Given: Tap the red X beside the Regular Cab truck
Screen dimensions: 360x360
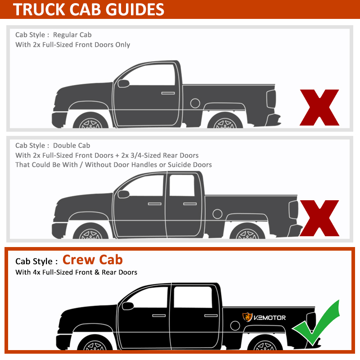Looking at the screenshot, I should pyautogui.click(x=319, y=107).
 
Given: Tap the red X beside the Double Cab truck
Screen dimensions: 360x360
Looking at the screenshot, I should pyautogui.click(x=319, y=218).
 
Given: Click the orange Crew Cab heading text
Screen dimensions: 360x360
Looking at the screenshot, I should pyautogui.click(x=92, y=260).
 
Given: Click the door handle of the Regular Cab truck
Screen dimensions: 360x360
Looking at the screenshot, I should pyautogui.click(x=168, y=93).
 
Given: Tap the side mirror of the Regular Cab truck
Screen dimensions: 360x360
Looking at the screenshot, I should pyautogui.click(x=122, y=83).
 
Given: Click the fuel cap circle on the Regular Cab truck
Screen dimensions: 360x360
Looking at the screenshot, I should pyautogui.click(x=195, y=103).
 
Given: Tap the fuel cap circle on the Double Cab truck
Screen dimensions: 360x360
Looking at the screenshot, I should pyautogui.click(x=217, y=213).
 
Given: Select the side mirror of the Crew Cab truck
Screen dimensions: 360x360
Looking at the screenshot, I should pyautogui.click(x=128, y=306).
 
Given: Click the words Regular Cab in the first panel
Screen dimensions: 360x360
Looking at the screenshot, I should pyautogui.click(x=72, y=35).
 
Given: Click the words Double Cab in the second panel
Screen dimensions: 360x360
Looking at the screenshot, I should pyautogui.click(x=72, y=145).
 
